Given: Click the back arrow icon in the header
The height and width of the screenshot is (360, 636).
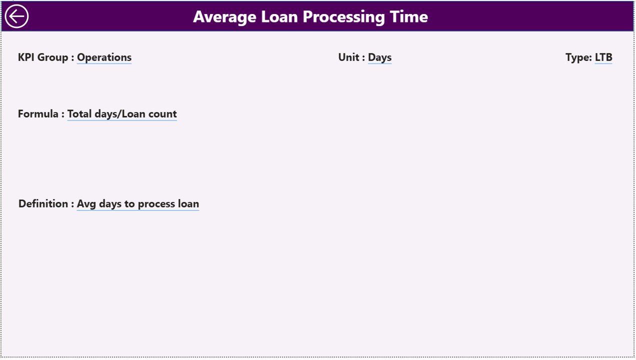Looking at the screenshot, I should (16, 16).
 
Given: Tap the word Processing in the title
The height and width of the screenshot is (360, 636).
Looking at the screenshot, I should (343, 17).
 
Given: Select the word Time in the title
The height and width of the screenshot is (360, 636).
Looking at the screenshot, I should (408, 17).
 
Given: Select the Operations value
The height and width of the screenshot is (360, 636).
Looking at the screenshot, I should (104, 57).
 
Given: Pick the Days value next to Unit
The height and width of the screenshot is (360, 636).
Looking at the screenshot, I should (379, 57).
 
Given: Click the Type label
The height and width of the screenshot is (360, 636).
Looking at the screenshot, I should (578, 57).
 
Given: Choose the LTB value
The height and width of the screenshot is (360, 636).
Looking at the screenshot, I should (603, 57).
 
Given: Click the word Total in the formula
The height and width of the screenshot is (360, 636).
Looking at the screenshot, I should (80, 114).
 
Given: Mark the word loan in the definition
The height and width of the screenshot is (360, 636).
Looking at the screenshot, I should (188, 204).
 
